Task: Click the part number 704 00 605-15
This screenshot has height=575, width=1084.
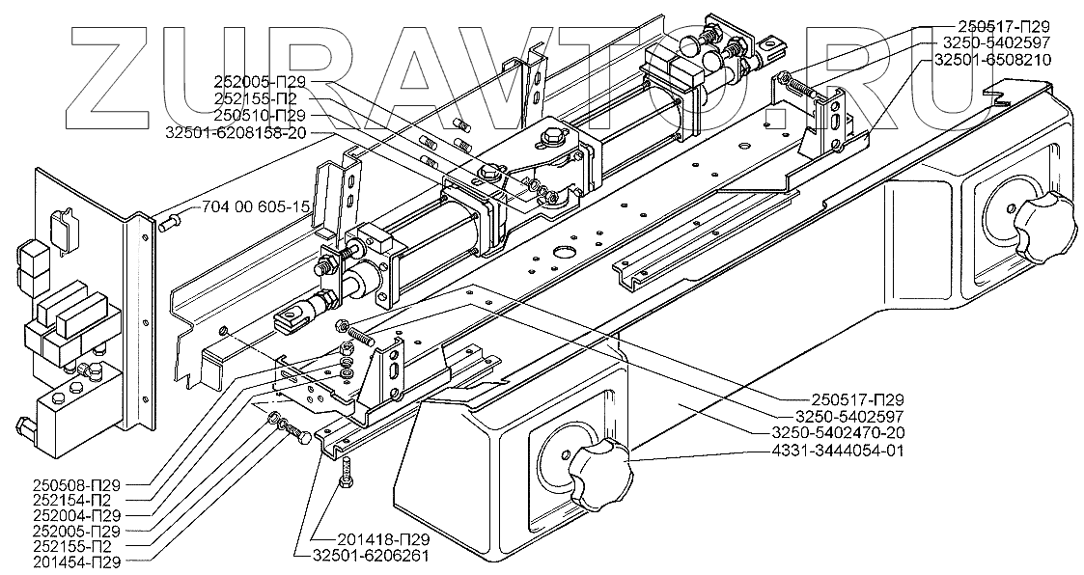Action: coord(256,207)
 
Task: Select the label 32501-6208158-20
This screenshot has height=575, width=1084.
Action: coord(236,133)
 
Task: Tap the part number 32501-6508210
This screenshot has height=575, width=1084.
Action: coord(991,59)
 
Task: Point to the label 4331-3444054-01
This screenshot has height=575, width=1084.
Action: coord(846,451)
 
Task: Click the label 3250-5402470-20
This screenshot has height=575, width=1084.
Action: coord(846,433)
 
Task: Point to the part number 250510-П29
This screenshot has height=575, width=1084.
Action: coord(264,116)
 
